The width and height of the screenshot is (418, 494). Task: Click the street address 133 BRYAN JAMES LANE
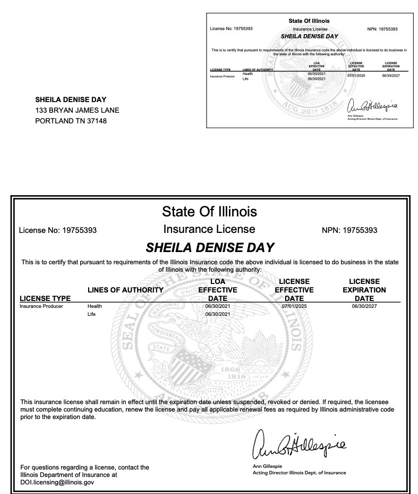[77, 110]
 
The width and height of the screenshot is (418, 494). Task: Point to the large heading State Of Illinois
[209, 212]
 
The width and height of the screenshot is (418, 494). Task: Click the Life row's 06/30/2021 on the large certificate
[217, 315]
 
